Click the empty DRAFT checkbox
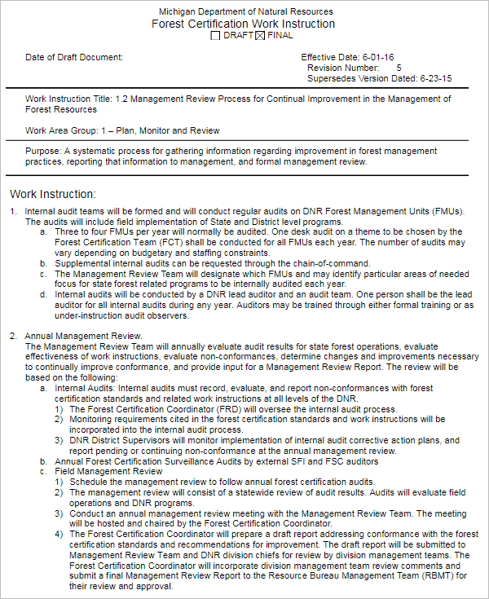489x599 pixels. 215,36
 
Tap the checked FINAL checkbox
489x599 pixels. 260,36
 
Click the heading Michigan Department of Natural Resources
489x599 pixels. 245,11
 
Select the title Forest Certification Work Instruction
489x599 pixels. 243,24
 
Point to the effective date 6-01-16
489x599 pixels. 379,57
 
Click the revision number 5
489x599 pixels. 399,68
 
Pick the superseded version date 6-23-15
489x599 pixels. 435,79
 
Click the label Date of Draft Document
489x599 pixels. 74,57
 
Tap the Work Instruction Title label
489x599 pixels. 69,99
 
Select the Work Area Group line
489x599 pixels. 122,130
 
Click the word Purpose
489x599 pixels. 42,151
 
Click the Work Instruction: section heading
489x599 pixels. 52,194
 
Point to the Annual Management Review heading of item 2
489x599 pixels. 84,336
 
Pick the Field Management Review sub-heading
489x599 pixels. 108,471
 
